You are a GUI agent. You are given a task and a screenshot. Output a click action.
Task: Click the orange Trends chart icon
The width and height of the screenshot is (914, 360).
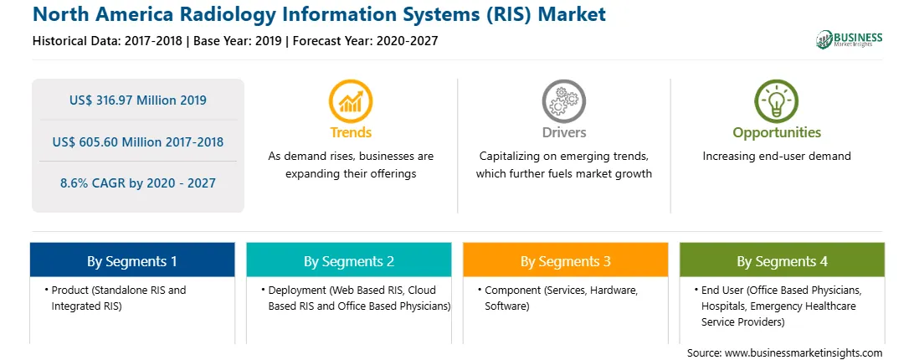(351, 101)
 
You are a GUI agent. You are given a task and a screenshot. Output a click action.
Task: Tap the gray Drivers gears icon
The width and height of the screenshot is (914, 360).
(563, 101)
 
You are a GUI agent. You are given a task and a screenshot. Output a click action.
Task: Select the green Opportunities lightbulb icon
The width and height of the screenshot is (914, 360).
(777, 101)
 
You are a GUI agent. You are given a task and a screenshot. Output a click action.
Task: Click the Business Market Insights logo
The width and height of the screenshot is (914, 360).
(850, 39)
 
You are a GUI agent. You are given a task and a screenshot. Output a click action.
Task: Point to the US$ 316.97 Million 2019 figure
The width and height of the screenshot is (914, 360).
(137, 100)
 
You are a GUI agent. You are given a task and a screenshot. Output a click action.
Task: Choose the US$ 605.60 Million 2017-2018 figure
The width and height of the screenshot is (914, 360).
(137, 141)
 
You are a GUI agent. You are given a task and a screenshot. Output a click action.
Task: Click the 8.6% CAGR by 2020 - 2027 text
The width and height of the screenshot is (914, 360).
(137, 183)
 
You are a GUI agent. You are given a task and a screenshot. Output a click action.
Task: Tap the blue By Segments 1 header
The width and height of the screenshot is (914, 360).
(132, 260)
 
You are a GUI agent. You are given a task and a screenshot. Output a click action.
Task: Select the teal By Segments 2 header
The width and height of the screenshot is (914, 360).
(348, 260)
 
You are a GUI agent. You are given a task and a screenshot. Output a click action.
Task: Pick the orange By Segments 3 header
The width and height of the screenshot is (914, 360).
(566, 260)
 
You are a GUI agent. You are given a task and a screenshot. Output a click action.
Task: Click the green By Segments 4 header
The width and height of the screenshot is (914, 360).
(783, 260)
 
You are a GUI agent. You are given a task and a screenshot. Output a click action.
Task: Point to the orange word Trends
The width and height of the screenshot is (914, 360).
(351, 132)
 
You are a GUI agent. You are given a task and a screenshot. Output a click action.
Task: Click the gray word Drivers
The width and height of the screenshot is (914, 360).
(564, 132)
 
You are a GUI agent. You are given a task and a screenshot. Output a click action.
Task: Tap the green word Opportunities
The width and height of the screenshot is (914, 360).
(777, 133)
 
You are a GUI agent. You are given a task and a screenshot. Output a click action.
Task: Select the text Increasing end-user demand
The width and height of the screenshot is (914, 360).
(777, 157)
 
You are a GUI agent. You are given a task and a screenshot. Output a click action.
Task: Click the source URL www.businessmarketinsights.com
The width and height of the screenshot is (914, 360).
(804, 353)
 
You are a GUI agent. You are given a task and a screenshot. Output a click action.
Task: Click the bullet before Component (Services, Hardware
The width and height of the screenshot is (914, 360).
(479, 290)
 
